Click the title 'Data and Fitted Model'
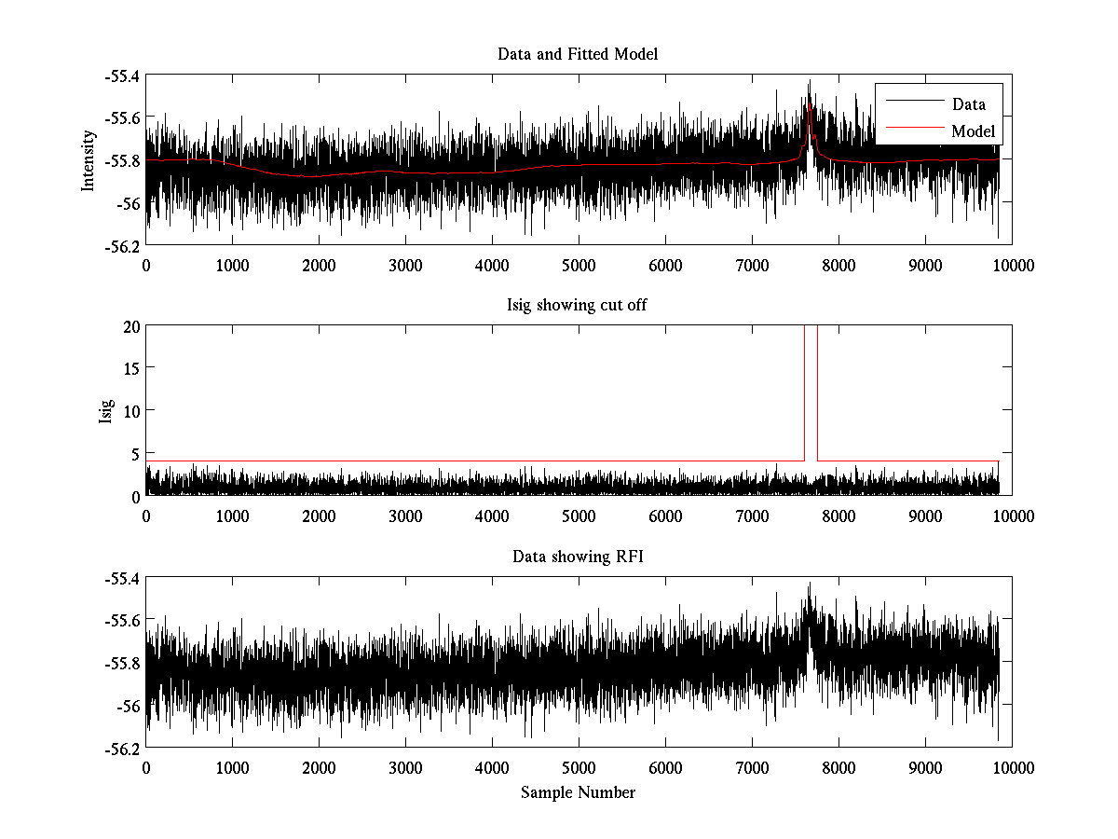point(578,54)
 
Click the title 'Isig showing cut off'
point(578,306)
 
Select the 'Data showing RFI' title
point(578,557)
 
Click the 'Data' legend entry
point(968,104)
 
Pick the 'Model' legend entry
point(973,131)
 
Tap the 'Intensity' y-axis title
point(89,159)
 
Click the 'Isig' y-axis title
point(106,411)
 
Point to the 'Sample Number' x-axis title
point(578,792)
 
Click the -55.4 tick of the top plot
point(121,75)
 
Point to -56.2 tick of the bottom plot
point(121,748)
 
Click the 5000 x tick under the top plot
point(579,264)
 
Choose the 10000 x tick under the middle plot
point(1012,516)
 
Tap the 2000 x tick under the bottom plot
point(319,767)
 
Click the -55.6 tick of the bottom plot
point(121,620)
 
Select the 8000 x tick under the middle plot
point(838,516)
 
